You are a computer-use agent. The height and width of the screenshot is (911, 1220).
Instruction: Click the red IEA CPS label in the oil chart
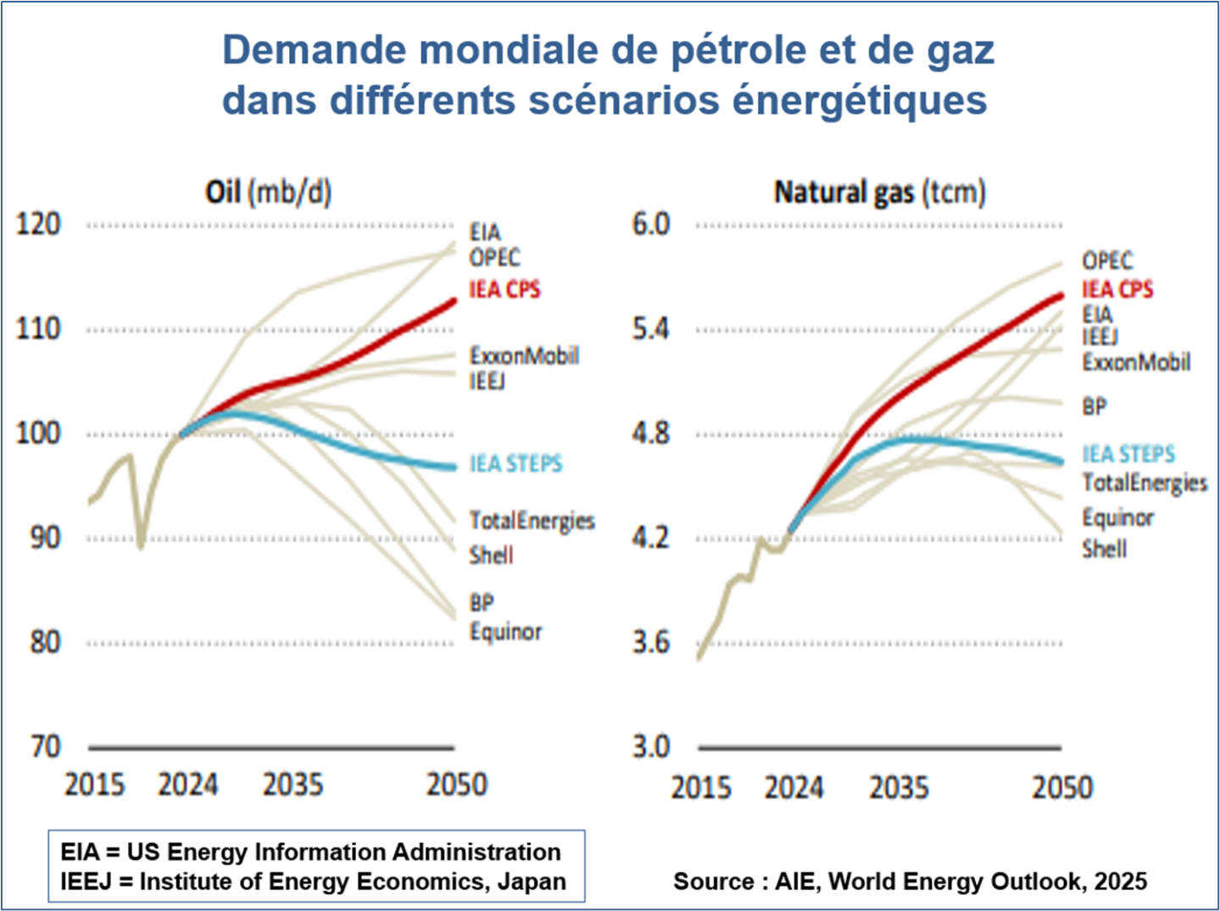[x=504, y=290]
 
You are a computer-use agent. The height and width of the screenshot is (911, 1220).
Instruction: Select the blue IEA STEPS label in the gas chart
[x=1128, y=455]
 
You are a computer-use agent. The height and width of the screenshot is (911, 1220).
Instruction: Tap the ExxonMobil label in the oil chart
[x=524, y=355]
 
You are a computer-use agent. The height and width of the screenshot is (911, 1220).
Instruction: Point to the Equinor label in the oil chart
[x=505, y=632]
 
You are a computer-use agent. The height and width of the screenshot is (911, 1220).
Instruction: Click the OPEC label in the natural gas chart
[x=1106, y=260]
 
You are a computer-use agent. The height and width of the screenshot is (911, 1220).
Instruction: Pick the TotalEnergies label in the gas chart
[x=1144, y=483]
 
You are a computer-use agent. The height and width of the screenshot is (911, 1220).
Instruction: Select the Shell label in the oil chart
[x=491, y=555]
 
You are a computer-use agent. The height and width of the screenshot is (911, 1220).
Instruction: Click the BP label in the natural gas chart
[x=1094, y=407]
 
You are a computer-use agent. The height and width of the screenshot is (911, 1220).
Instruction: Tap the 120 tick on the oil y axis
[x=38, y=225]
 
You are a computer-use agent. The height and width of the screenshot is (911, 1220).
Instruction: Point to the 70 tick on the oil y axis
[x=46, y=747]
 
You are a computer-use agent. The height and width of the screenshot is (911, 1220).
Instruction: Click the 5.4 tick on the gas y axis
[x=650, y=329]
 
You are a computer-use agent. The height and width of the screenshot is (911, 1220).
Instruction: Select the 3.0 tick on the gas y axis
[x=650, y=747]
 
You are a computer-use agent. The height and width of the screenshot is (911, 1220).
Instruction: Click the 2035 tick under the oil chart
[x=292, y=785]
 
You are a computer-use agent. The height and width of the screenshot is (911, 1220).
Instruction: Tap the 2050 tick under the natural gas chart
[x=1061, y=787]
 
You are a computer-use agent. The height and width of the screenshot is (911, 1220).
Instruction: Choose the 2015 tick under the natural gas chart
[x=700, y=787]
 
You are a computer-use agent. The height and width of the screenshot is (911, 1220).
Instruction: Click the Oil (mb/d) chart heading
[x=268, y=193]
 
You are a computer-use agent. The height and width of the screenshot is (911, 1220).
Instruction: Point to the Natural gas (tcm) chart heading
[x=879, y=193]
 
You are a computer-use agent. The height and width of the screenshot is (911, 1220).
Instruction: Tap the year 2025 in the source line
[x=1120, y=881]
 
